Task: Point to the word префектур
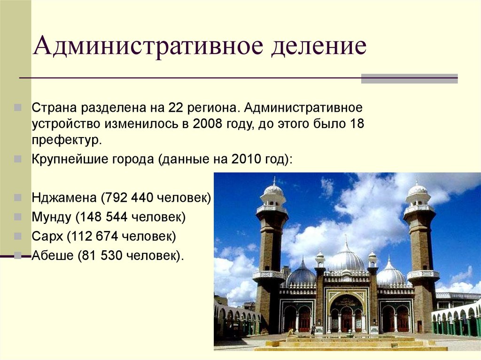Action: click(x=67, y=140)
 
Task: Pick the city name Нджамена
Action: click(x=64, y=198)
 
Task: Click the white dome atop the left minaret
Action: click(x=273, y=189)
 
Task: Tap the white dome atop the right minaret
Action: click(x=418, y=189)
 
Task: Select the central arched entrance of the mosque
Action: click(x=347, y=314)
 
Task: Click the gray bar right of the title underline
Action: click(x=409, y=78)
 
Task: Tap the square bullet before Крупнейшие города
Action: click(x=17, y=159)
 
